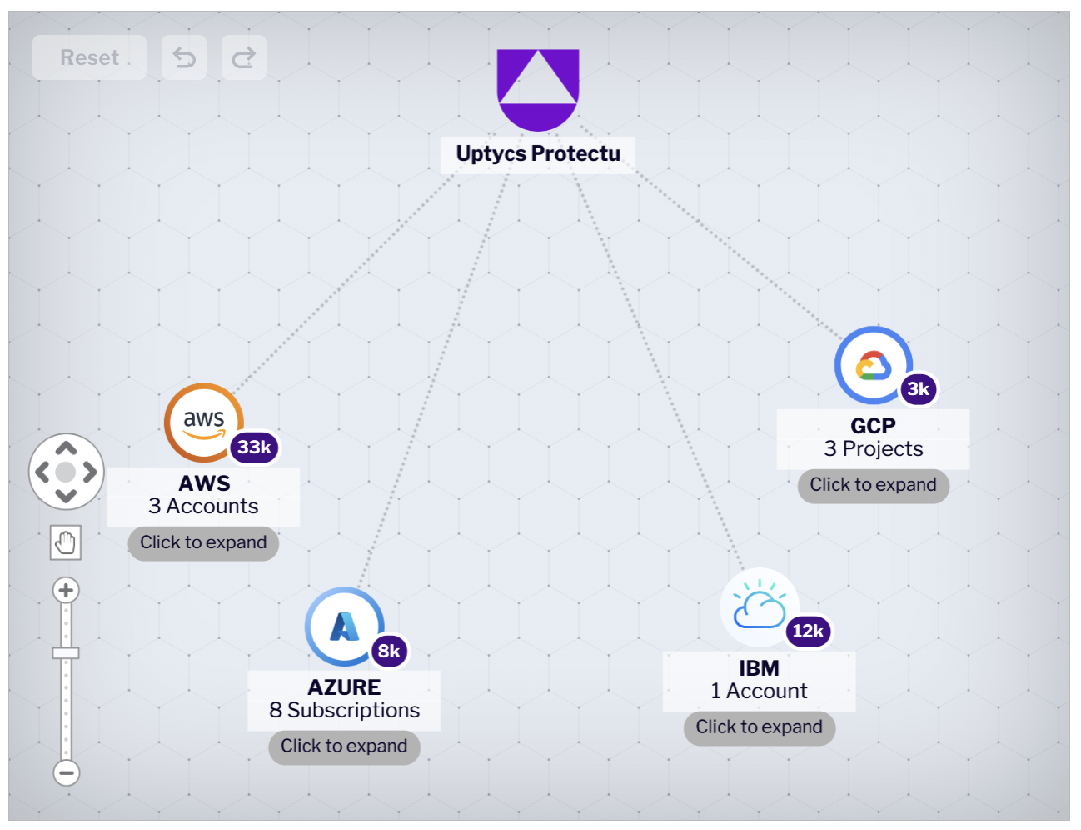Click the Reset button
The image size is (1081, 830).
pos(89,57)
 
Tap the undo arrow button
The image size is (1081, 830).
pos(184,57)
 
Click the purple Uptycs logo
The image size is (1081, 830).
pos(537,88)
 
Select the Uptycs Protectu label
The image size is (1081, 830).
pos(538,154)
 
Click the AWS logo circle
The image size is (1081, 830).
pos(203,421)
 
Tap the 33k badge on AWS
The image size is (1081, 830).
pos(254,447)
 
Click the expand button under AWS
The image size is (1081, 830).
pos(203,543)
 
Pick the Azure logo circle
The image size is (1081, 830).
pos(344,626)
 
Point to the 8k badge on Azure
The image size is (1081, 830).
pos(389,652)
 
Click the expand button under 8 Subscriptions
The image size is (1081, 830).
pos(344,747)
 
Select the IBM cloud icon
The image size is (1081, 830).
pos(759,607)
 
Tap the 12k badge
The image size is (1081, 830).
pos(808,632)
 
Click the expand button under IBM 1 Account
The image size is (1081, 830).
pos(759,727)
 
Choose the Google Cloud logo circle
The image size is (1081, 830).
pos(873,365)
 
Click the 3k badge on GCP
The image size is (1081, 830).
pos(919,389)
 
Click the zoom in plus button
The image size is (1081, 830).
pos(66,591)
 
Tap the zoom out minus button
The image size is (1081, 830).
pos(67,772)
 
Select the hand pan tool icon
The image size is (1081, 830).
pos(65,543)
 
